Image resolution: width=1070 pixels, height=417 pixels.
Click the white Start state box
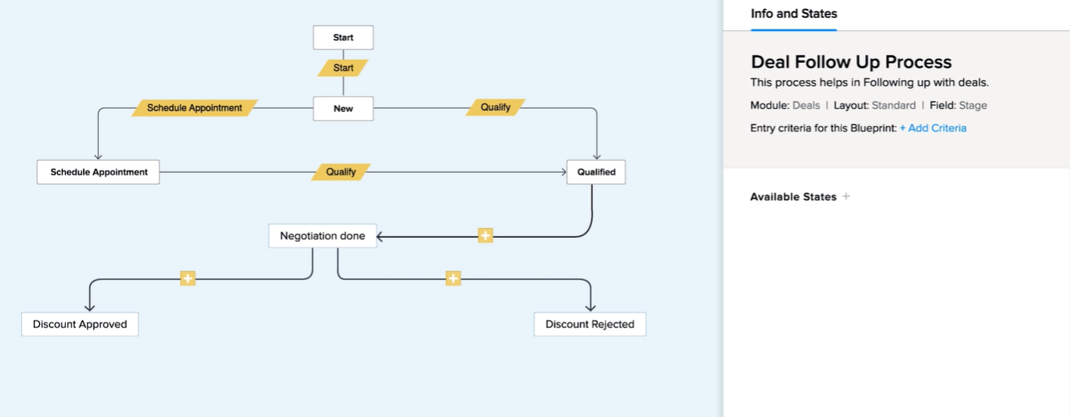(343, 37)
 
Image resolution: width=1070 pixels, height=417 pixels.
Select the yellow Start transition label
(343, 68)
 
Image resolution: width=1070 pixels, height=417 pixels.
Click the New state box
(343, 108)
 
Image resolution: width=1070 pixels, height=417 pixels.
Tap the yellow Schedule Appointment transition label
(194, 108)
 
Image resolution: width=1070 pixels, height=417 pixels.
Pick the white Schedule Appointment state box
(98, 171)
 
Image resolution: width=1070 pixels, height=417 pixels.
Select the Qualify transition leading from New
(495, 107)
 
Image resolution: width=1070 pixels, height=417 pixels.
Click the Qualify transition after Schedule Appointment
(340, 171)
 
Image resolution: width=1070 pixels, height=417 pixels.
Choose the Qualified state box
(596, 171)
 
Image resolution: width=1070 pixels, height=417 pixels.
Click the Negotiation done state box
(322, 236)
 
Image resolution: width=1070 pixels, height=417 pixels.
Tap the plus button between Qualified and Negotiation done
(485, 235)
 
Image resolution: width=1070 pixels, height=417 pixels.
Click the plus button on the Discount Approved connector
(188, 278)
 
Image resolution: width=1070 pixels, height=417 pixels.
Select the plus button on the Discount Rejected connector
(453, 278)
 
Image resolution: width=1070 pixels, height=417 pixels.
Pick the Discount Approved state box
(79, 324)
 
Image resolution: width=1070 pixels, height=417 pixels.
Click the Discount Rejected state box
(590, 324)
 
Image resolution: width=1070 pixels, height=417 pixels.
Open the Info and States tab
(794, 14)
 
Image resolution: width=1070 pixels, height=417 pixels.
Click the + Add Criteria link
(933, 128)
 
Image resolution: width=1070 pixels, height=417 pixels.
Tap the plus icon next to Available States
(846, 196)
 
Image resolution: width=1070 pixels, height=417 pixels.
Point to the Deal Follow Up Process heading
(851, 62)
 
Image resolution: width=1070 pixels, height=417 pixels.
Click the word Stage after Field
(973, 106)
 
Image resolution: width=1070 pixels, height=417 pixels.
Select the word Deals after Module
(806, 106)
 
